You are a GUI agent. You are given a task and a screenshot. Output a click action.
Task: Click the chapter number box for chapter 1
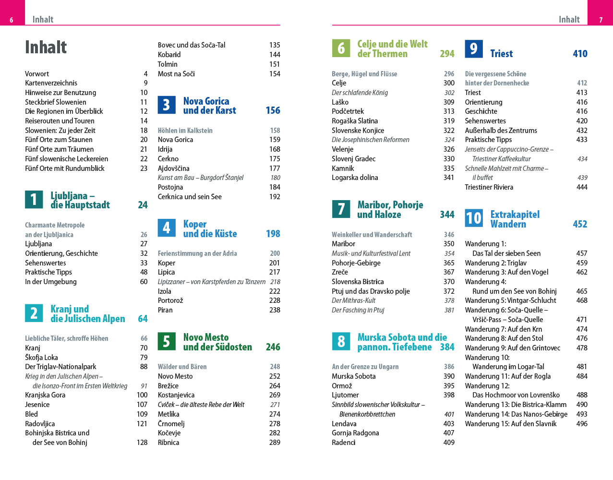[34, 199]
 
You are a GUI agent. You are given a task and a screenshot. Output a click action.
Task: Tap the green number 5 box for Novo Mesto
[166, 341]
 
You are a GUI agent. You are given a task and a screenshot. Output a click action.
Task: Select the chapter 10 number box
[473, 218]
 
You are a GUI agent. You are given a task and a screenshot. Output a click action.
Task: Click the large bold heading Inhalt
[46, 47]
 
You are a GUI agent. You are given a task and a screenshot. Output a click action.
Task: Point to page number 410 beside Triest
[580, 54]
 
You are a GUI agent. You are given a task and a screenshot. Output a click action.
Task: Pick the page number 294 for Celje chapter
[447, 54]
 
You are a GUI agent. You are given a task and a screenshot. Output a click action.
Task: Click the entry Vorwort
[37, 74]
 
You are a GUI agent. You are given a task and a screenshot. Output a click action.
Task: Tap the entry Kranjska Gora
[45, 395]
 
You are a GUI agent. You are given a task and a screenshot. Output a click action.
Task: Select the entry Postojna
[170, 187]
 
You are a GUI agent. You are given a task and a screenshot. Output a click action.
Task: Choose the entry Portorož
[170, 300]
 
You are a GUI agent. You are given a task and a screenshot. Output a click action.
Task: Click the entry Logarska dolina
[355, 178]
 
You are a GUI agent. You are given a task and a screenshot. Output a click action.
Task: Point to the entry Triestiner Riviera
[489, 187]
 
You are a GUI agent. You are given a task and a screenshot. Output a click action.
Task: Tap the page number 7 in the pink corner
[601, 20]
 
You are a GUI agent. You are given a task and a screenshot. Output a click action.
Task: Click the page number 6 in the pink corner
[12, 20]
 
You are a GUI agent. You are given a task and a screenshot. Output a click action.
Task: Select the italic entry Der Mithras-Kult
[353, 300]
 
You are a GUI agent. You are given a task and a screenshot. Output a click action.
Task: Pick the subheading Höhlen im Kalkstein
[185, 131]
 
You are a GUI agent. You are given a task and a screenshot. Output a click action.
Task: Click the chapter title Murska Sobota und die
[402, 337]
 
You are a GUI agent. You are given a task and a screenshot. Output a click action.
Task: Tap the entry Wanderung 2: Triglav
[495, 263]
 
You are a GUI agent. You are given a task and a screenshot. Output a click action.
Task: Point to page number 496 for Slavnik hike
[582, 424]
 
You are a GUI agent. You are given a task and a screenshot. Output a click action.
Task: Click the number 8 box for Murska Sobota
[341, 341]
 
